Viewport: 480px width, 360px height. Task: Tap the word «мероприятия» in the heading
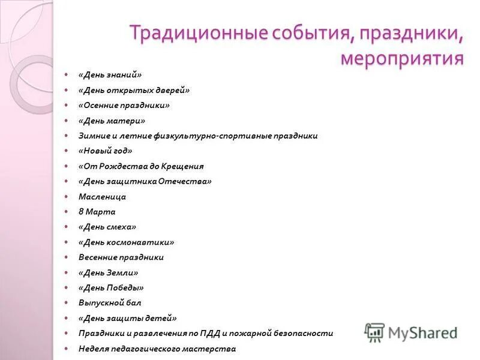[402, 58]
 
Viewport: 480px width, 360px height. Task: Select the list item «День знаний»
[110, 75]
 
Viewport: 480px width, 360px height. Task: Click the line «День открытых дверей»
[133, 90]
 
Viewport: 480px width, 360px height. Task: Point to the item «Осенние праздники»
[124, 105]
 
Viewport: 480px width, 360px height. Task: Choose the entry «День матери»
[112, 121]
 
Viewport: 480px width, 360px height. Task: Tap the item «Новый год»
[105, 151]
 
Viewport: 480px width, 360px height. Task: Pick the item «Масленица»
[102, 196]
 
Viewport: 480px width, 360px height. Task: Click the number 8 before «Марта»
[81, 212]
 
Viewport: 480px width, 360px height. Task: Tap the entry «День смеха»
[107, 227]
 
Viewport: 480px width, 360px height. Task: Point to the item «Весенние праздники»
[121, 257]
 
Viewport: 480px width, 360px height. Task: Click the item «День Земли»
[108, 272]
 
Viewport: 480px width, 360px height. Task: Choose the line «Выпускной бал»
[110, 303]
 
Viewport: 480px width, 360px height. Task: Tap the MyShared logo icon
[375, 332]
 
